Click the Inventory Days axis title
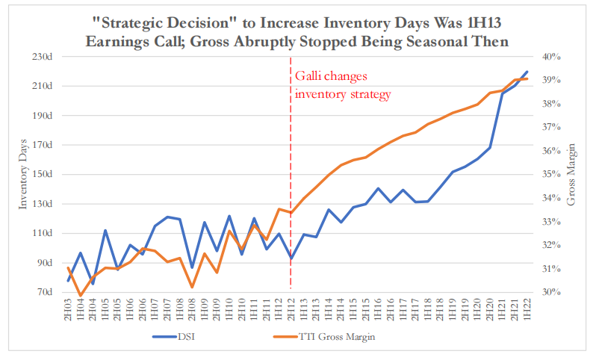point(24,175)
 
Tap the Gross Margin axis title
point(571,175)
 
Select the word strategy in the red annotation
point(368,94)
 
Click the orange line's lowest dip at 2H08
point(192,287)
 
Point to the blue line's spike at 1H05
point(105,231)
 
